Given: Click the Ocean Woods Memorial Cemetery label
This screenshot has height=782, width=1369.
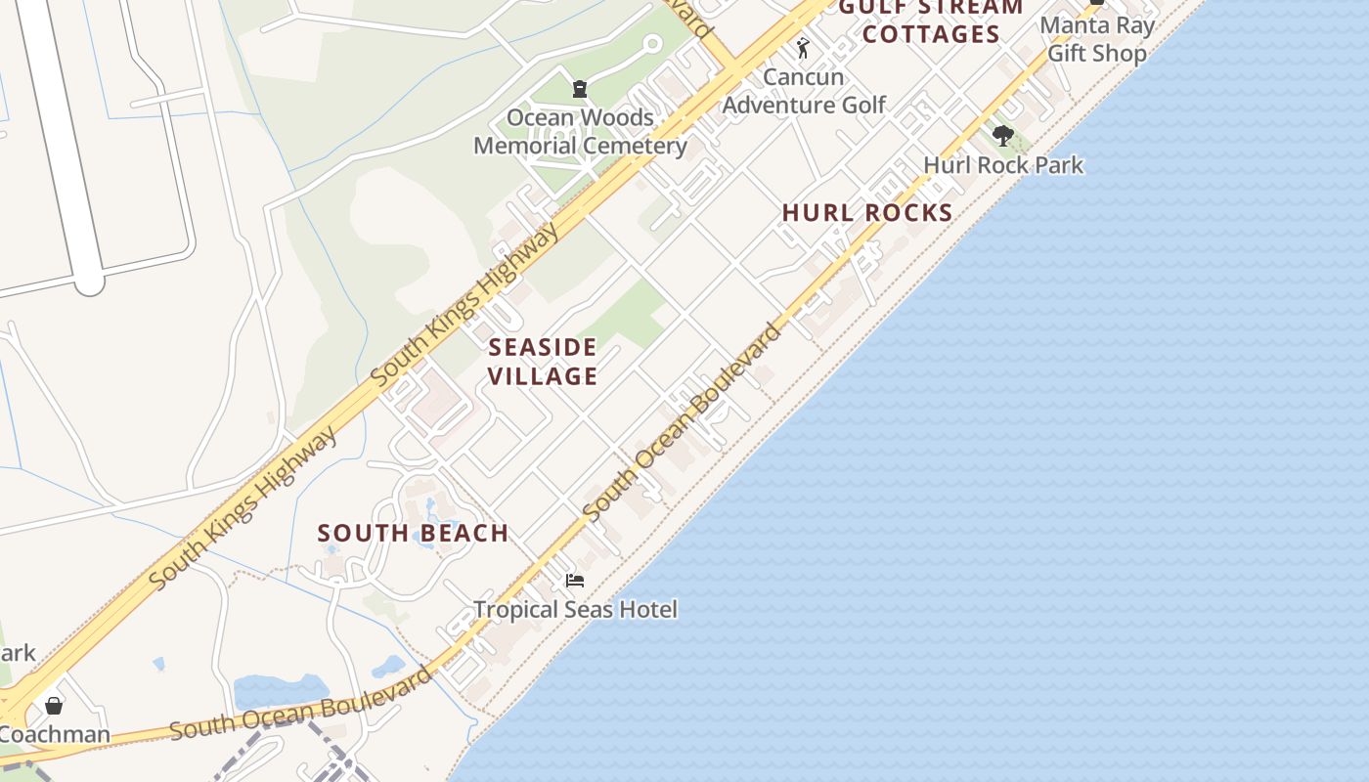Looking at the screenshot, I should click(x=580, y=132).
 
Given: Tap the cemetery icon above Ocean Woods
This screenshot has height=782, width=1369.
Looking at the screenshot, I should click(x=580, y=90).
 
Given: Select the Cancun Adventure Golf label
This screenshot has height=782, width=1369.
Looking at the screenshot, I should click(x=804, y=91).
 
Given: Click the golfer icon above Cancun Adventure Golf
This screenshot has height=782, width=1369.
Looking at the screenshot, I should click(x=803, y=48).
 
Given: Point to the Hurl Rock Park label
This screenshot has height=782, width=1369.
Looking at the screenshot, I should click(x=1003, y=165).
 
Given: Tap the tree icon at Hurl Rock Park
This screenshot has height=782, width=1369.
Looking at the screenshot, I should click(x=1001, y=136).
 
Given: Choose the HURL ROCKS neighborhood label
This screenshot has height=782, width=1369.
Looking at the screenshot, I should click(x=867, y=213).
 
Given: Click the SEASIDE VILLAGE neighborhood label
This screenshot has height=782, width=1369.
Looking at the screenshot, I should click(x=543, y=362).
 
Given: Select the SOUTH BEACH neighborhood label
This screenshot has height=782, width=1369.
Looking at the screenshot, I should click(x=413, y=534).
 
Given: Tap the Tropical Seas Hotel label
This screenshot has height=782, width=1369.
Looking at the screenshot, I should click(x=575, y=610).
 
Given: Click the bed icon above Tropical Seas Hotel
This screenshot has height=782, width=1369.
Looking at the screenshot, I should click(x=575, y=581).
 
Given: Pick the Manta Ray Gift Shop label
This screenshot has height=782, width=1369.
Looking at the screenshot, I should click(x=1096, y=39).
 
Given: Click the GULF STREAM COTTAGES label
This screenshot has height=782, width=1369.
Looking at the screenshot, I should click(x=931, y=22).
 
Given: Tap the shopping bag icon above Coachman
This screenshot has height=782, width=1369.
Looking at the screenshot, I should click(x=54, y=705).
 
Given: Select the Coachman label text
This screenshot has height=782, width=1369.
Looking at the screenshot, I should click(x=55, y=734).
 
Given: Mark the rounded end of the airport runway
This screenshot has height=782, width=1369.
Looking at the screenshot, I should click(x=89, y=282).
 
